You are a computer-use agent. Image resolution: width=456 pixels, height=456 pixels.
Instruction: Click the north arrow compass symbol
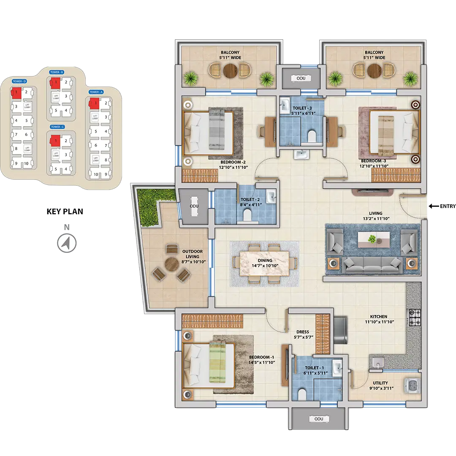click(x=66, y=243)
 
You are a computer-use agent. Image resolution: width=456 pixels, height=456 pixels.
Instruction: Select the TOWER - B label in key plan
click(x=56, y=72)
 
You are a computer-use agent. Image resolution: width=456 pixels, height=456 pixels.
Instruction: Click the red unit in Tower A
click(x=94, y=103)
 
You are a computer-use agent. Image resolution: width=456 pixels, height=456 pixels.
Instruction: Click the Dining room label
click(x=265, y=261)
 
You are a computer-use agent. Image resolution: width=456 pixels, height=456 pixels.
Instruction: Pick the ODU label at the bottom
click(x=319, y=419)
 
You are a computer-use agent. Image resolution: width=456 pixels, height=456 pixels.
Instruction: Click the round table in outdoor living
click(x=172, y=265)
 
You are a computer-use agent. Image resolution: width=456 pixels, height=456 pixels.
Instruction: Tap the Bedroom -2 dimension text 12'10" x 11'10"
click(x=233, y=167)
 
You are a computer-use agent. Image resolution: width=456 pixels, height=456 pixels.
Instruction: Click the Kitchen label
click(x=378, y=316)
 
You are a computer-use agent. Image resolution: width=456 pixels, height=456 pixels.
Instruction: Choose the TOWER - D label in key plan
click(x=19, y=81)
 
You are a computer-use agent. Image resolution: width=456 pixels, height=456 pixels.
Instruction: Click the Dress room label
click(x=302, y=332)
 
